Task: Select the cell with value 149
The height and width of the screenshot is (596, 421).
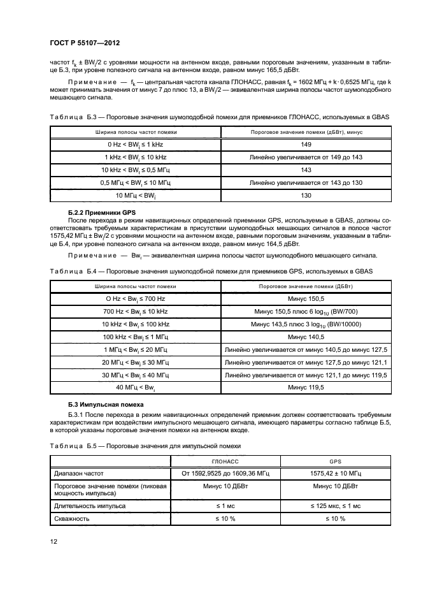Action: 306,144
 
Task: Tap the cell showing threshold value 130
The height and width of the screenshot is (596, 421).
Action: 306,195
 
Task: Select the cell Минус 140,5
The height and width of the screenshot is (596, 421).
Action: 306,337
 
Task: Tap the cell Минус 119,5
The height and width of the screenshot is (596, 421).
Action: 306,388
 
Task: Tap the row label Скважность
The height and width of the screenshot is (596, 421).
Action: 71,519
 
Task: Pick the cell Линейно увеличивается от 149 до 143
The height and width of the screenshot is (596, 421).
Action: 306,157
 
